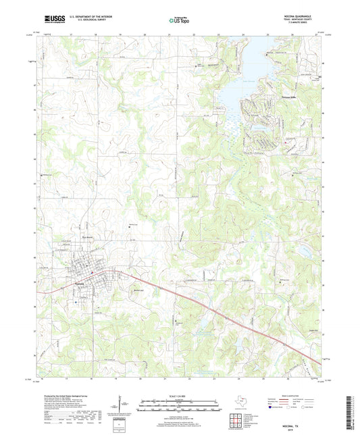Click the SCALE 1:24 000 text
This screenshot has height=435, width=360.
179,395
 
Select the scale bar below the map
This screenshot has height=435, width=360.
179,407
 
